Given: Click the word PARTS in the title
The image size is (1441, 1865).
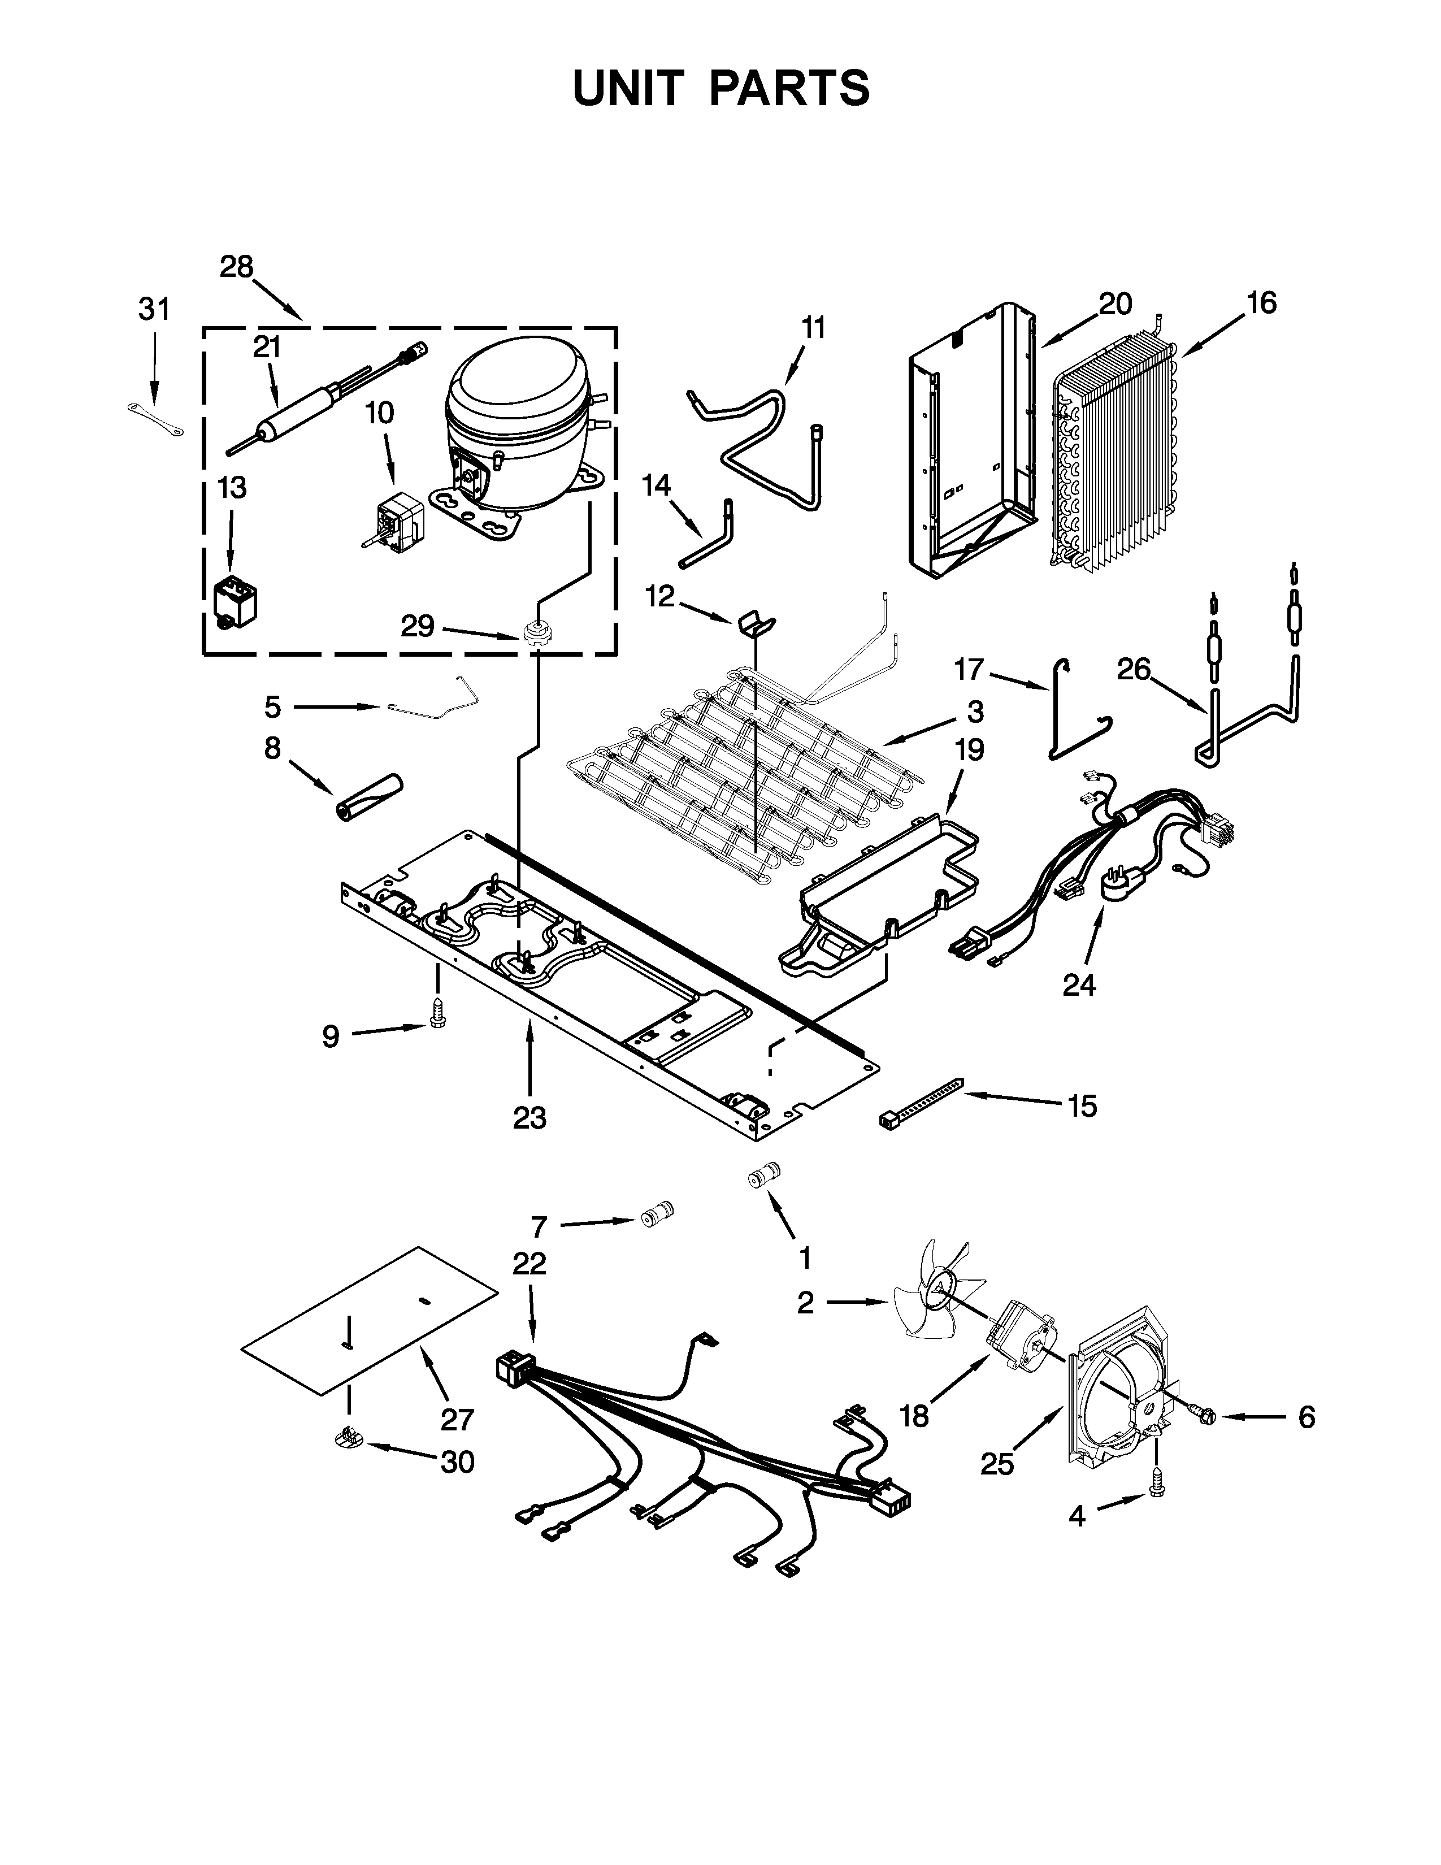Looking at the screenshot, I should tap(789, 88).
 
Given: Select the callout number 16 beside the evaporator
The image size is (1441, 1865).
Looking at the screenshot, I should tap(1261, 302).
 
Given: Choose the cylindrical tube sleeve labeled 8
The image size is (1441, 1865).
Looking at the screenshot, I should tap(369, 797).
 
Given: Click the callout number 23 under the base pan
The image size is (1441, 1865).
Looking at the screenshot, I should tap(529, 1117).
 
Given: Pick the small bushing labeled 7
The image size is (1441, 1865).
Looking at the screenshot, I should tap(657, 1213).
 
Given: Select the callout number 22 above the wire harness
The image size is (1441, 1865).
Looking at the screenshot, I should tap(529, 1263).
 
